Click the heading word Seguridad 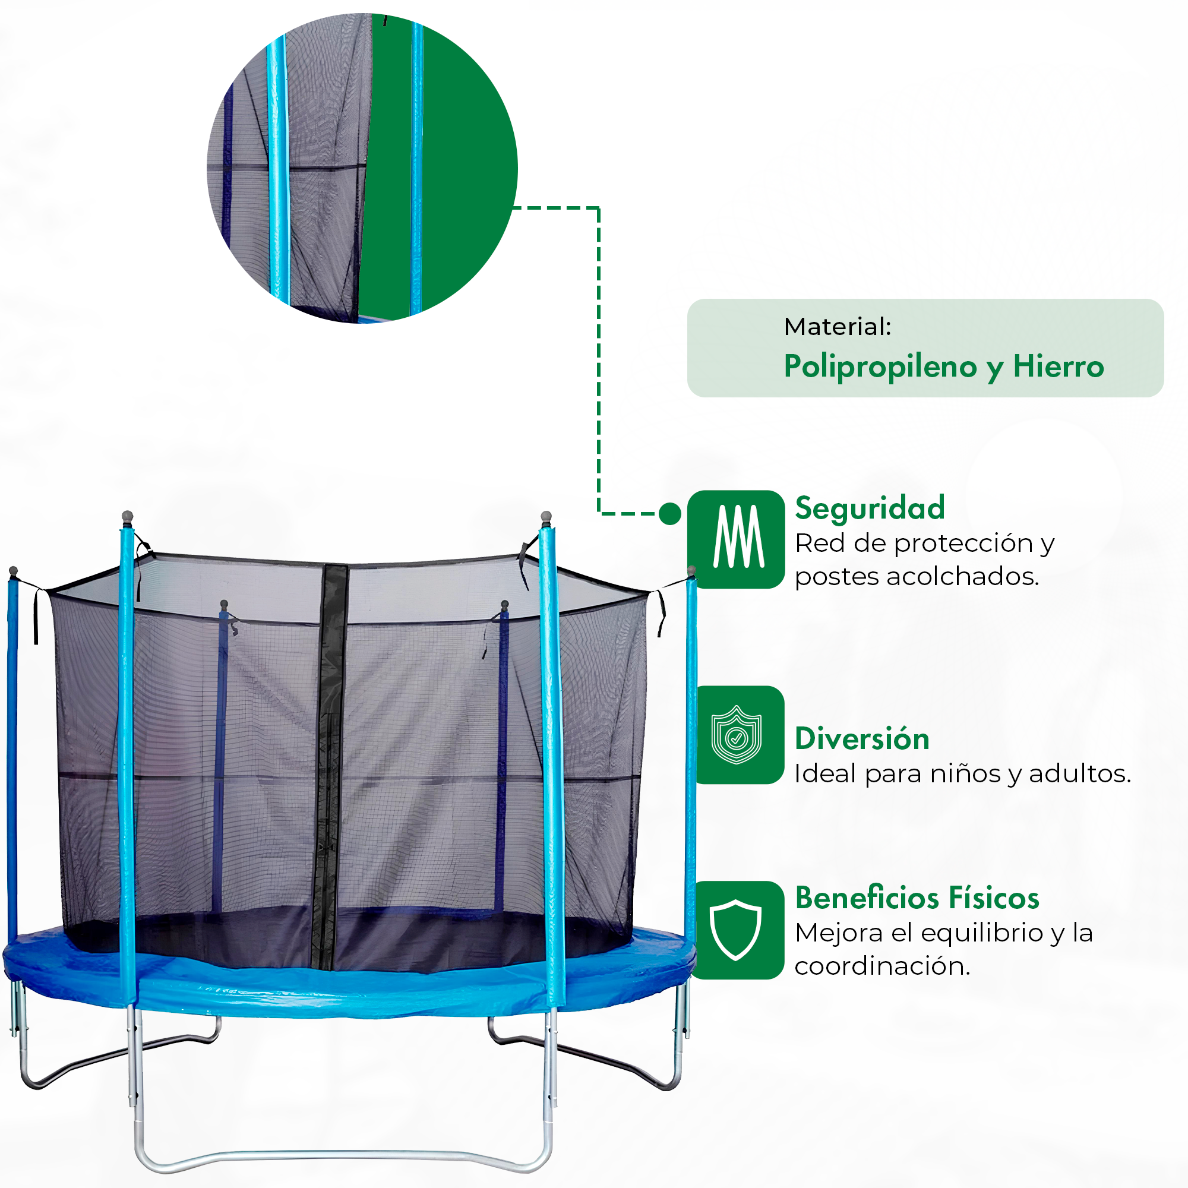pyautogui.click(x=870, y=508)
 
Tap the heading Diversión pyautogui.click(x=861, y=738)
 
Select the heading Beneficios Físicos pyautogui.click(x=917, y=898)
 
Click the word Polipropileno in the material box pyautogui.click(x=880, y=367)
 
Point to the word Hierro pyautogui.click(x=1059, y=366)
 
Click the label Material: pyautogui.click(x=838, y=327)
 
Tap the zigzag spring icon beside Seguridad pyautogui.click(x=738, y=537)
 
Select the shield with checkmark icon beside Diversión pyautogui.click(x=736, y=735)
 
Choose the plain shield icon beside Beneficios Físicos pyautogui.click(x=735, y=930)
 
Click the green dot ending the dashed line pyautogui.click(x=669, y=513)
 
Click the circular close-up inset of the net pyautogui.click(x=362, y=168)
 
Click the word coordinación pyautogui.click(x=883, y=966)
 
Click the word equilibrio pyautogui.click(x=982, y=933)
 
